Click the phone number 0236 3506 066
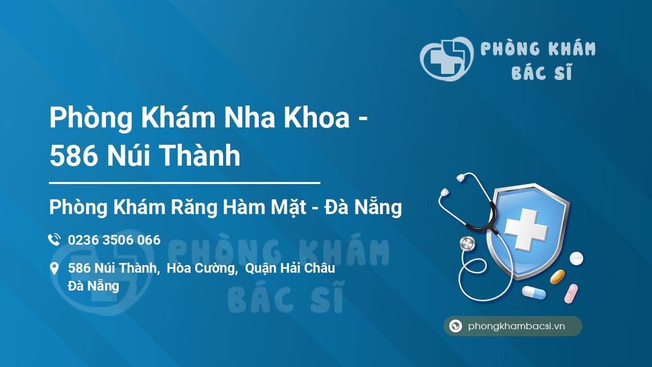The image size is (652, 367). click(x=114, y=240)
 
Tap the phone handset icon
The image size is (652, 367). click(x=54, y=240)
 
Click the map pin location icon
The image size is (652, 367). click(x=54, y=269)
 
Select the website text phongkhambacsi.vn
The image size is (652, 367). click(x=517, y=327)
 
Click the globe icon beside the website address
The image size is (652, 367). click(x=455, y=326)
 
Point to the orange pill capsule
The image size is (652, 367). click(x=557, y=277)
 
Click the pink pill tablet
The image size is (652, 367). click(x=571, y=294)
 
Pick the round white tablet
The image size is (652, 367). click(x=576, y=258)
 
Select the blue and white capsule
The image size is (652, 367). click(x=534, y=293)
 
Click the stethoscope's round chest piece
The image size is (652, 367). click(x=467, y=244)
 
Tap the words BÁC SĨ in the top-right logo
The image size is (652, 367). click(x=541, y=73)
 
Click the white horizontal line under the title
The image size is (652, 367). click(x=184, y=182)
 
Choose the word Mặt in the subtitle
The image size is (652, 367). click(x=288, y=207)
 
